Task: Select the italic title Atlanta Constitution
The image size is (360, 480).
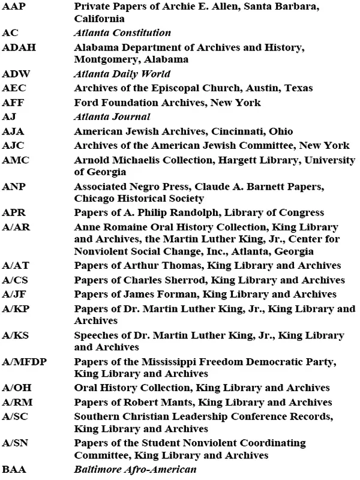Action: [122, 33]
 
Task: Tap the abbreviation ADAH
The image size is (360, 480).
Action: [16, 47]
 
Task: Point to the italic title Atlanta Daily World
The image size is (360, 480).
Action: [122, 74]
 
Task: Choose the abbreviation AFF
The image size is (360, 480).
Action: [13, 103]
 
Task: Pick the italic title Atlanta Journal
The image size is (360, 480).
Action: [112, 116]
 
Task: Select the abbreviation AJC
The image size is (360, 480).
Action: [13, 145]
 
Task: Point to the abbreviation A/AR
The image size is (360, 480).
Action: [16, 227]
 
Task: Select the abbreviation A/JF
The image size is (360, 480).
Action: [14, 293]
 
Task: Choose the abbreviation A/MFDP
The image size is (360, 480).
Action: [22, 362]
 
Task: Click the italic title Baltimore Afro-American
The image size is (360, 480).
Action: [135, 469]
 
